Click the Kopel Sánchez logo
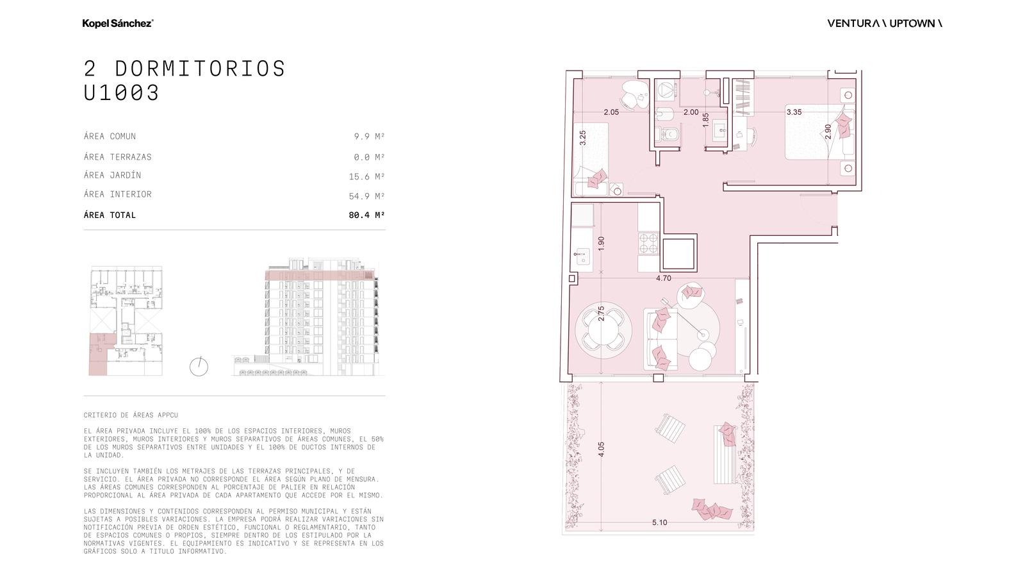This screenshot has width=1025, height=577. click(118, 23)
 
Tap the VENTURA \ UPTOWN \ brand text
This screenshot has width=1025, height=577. click(885, 23)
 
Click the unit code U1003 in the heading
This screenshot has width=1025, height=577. click(121, 92)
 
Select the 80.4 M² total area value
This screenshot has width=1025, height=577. click(366, 215)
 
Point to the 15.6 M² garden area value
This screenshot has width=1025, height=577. click(366, 176)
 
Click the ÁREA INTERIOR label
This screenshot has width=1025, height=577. click(118, 194)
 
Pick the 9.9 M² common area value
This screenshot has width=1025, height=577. click(369, 136)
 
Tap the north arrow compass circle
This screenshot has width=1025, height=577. click(199, 367)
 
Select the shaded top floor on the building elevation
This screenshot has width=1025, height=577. click(320, 275)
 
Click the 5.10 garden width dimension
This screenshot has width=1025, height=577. click(659, 522)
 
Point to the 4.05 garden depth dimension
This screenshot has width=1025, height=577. click(602, 449)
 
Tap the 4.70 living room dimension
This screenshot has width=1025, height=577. click(664, 278)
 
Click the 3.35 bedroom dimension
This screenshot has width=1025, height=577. click(794, 112)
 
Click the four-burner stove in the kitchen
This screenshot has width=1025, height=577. click(648, 243)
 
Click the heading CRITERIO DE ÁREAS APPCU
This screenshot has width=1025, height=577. click(131, 415)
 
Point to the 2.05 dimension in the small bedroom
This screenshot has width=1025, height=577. click(611, 112)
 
